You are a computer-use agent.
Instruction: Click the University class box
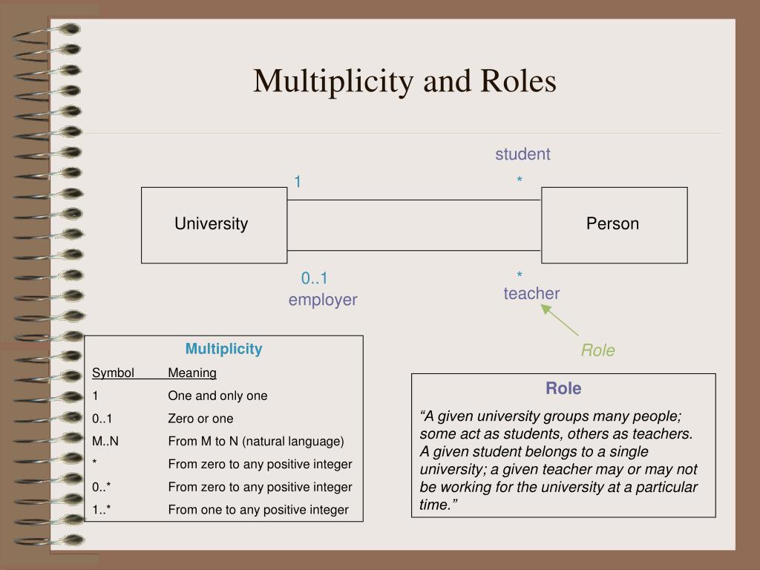[x=214, y=226]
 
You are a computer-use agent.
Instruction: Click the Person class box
[x=614, y=226]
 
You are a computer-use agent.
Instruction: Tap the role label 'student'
[x=522, y=154]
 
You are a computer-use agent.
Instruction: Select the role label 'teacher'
[x=531, y=293]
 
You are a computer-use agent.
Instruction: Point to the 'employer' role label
[x=323, y=300]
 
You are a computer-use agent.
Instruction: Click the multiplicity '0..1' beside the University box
[x=314, y=278]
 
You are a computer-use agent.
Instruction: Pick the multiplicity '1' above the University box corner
[x=298, y=182]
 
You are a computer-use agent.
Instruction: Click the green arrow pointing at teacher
[x=560, y=320]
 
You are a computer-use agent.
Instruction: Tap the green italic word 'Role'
[x=597, y=350]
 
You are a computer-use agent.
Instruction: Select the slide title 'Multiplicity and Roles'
[x=404, y=81]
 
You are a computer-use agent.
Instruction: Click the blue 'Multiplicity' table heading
[x=223, y=349]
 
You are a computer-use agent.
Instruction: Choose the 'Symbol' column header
[x=113, y=373]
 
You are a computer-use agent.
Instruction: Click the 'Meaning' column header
[x=192, y=373]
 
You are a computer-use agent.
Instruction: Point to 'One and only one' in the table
[x=217, y=396]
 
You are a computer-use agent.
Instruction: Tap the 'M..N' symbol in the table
[x=105, y=441]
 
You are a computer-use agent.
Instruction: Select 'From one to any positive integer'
[x=258, y=510]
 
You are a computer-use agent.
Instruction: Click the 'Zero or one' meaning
[x=200, y=419]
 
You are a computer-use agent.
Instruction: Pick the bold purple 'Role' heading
[x=563, y=388]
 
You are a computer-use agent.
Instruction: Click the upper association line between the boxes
[x=414, y=200]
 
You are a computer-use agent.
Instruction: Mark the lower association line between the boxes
[x=414, y=251]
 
